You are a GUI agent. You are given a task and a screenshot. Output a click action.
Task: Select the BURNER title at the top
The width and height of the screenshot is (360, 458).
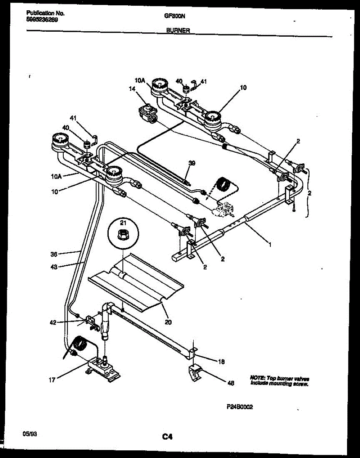[x=178, y=31]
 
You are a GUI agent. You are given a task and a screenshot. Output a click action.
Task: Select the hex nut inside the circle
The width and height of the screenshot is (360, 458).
[x=123, y=235]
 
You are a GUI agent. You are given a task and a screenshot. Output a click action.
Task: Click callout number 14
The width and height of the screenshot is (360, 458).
[x=132, y=89]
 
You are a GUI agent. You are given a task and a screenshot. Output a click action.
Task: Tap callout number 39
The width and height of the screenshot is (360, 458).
[x=192, y=163]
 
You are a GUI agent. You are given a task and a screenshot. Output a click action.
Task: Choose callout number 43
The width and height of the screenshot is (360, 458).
[x=54, y=267]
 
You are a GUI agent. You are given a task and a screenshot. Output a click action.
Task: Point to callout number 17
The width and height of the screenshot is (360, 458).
[x=53, y=380]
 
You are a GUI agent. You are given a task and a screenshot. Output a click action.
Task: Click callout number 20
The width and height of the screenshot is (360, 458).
[x=168, y=322]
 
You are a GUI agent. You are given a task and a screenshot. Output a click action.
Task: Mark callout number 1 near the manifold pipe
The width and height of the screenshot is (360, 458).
[x=270, y=245]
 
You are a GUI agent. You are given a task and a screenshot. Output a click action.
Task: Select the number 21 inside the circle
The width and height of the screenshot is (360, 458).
[x=123, y=223]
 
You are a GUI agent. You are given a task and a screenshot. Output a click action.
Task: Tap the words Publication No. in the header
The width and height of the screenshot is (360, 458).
[x=45, y=13]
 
